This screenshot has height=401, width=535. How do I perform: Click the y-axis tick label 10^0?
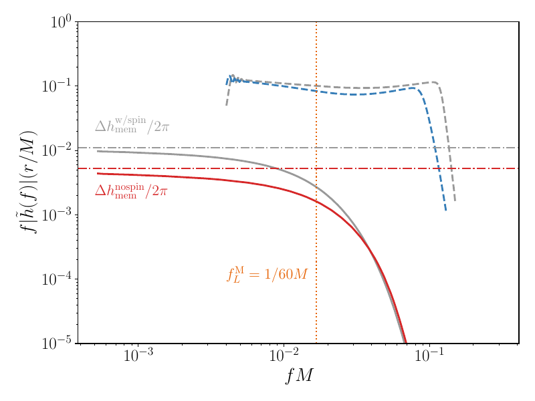pos(61,22)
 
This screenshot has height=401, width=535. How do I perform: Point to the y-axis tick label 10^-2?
pos(58,150)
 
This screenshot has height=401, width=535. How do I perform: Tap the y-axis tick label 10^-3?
pos(58,215)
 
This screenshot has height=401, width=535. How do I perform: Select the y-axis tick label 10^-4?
pos(58,279)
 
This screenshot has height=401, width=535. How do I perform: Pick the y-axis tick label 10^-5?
pos(58,344)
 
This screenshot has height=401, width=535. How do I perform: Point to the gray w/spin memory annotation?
pos(132,125)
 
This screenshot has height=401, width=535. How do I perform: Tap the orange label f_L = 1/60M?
pos(266,273)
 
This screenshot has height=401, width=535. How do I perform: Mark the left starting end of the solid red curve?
pos(98,174)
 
